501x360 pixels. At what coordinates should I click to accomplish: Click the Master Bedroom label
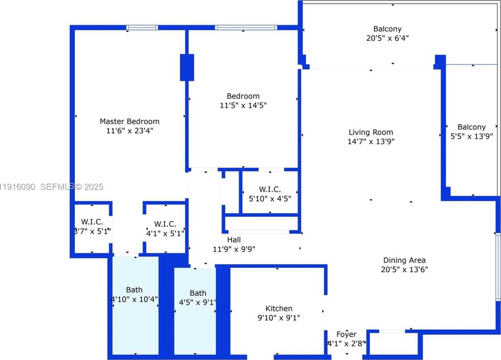coord(129,121)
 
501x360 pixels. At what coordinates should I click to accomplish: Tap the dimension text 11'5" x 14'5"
coord(243,105)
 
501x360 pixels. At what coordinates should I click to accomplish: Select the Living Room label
coord(371,132)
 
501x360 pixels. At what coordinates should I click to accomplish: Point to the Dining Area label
coord(404,260)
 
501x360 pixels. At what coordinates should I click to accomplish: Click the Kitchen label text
coord(279,308)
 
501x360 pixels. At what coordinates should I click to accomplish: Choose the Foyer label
coord(346,334)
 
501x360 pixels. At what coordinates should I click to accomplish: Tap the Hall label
coord(234,240)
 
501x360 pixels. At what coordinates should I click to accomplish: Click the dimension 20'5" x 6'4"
coord(387,38)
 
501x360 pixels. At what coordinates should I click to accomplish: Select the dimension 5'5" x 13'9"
coord(472,136)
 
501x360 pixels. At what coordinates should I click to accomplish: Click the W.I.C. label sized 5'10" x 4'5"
coord(270,189)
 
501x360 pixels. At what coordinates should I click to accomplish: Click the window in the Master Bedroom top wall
coord(142,28)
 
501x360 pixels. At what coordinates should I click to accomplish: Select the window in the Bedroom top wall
coord(246,28)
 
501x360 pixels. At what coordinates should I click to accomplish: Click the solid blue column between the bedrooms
coord(187,67)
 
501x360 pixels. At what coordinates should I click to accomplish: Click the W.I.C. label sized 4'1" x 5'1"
coord(165,224)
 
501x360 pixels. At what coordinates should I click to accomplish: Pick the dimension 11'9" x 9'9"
coord(234,249)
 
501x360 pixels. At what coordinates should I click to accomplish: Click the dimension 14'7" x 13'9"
coord(371,142)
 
